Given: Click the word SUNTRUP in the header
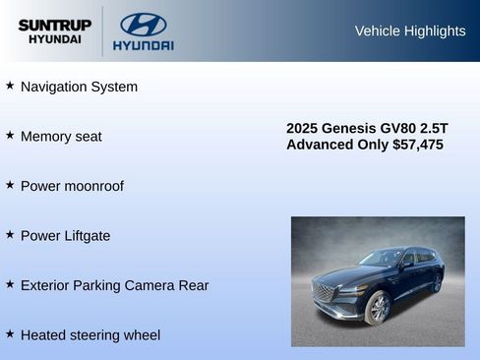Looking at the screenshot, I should pyautogui.click(x=55, y=25).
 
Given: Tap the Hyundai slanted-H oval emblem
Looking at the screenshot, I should pyautogui.click(x=143, y=25).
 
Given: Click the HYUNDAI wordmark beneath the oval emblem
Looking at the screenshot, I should pyautogui.click(x=143, y=45).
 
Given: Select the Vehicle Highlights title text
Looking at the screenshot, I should pyautogui.click(x=409, y=30).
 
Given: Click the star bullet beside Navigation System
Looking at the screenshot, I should pyautogui.click(x=10, y=86).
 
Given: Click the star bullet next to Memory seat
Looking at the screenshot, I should pyautogui.click(x=10, y=135).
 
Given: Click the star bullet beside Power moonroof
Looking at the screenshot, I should pyautogui.click(x=10, y=185).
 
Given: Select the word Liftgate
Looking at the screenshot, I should pyautogui.click(x=85, y=236).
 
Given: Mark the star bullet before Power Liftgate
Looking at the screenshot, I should pyautogui.click(x=10, y=234).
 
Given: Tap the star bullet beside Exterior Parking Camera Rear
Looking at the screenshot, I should pyautogui.click(x=10, y=283).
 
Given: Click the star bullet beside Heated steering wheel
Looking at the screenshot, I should pyautogui.click(x=10, y=333).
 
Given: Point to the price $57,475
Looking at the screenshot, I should pyautogui.click(x=418, y=145).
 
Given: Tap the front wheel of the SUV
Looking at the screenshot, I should pyautogui.click(x=378, y=309).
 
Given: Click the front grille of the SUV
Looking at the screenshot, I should pyautogui.click(x=325, y=293).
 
